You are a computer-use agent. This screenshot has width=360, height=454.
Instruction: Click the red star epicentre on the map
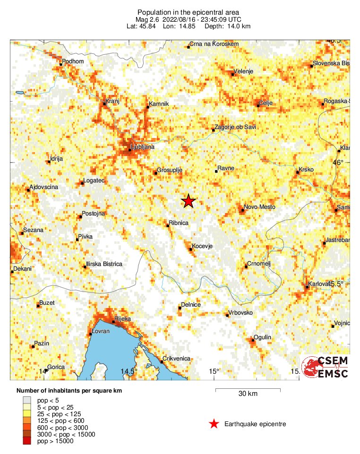[189, 201]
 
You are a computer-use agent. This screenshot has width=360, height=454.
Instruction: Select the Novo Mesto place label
[259, 207]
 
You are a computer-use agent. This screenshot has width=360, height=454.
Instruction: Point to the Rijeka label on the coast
[122, 319]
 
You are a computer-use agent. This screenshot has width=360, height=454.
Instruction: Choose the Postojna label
[94, 214]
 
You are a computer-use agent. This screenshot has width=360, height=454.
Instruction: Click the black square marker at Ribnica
[168, 225]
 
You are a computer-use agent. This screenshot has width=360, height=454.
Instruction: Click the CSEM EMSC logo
[326, 367]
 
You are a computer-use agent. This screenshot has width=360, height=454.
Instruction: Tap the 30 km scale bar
[248, 390]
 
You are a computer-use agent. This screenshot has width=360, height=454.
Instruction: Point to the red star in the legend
[214, 424]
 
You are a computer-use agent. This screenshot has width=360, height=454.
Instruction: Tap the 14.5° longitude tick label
[129, 371]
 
